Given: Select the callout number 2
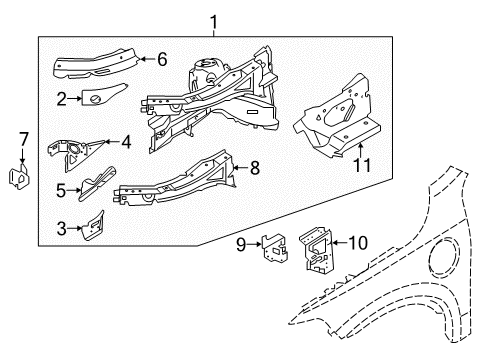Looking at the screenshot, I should click(61, 98).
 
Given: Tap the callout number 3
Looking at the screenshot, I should click(62, 229).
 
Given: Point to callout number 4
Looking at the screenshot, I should click(126, 142).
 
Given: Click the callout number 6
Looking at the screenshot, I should click(163, 60).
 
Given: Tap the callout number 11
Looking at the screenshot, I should click(362, 163).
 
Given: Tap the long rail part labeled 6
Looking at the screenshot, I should click(95, 63).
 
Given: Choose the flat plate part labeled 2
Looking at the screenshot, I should click(98, 98).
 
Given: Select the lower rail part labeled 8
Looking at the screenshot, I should click(175, 180).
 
